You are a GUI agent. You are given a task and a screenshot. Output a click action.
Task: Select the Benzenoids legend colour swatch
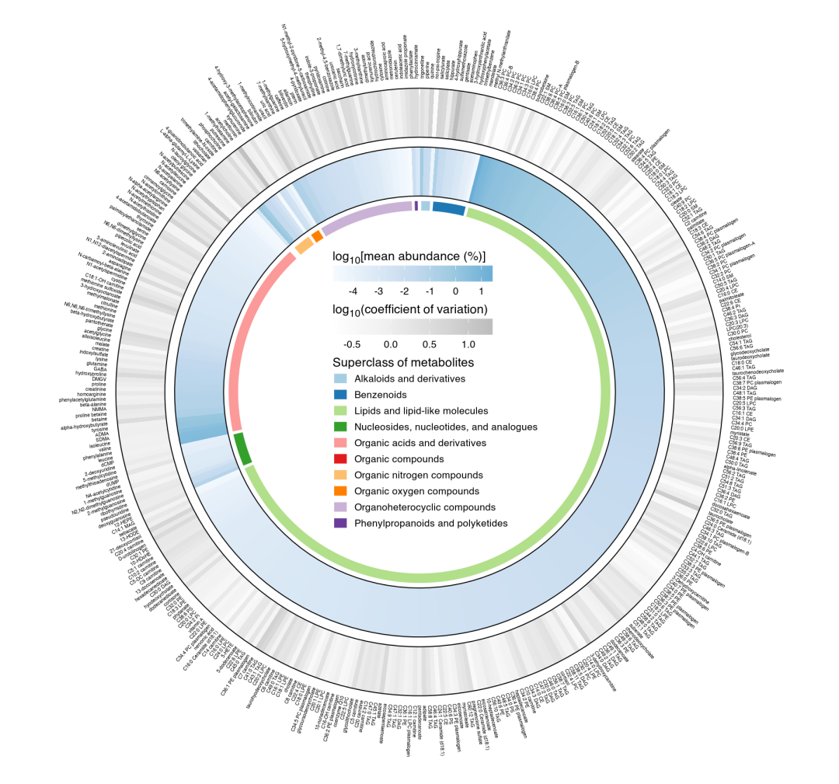[x=339, y=395]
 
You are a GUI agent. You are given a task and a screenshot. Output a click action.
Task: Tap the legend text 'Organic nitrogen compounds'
[x=419, y=475]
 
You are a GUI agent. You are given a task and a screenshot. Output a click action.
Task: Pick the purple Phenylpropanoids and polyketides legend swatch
[x=339, y=523]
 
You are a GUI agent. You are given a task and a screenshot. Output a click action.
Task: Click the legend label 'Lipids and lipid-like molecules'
[x=421, y=410]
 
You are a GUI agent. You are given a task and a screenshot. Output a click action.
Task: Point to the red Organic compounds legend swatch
[x=339, y=459]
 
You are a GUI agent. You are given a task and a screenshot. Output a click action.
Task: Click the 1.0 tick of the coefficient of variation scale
[x=468, y=343]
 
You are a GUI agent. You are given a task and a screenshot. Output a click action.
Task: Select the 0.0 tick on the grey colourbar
[x=390, y=343]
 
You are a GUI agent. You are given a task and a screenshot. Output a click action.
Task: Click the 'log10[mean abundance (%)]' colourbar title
[x=409, y=256]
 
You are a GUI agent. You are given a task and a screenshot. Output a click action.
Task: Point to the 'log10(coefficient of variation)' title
[x=409, y=308]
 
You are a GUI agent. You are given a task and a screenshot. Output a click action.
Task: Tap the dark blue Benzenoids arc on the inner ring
[x=448, y=208]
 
